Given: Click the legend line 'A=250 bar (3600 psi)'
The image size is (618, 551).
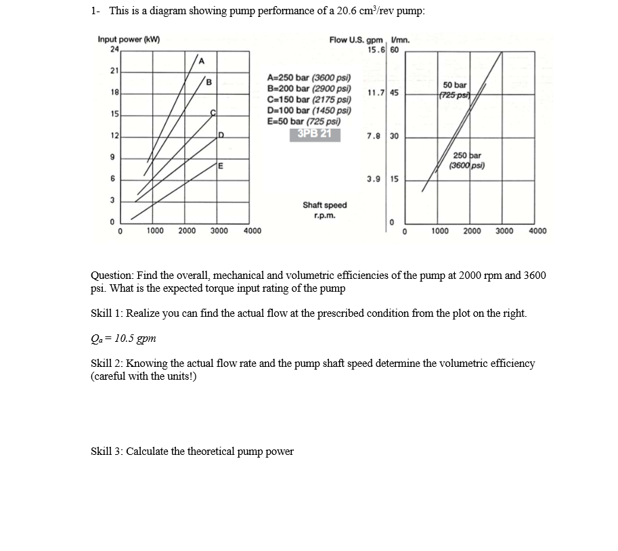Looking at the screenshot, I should coord(309,79).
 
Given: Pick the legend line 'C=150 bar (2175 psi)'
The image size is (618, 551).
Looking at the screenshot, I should coord(309,100).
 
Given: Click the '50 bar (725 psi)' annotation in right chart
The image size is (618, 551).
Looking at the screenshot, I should coord(454,89).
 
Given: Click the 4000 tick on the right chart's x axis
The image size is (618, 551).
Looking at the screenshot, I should coord(537,232).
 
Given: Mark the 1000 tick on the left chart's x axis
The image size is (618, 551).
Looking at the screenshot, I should coord(155,232).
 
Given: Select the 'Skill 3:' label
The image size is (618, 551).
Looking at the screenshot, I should coord(107,451).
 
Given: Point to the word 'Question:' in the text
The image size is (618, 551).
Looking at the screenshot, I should coord(112,276).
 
